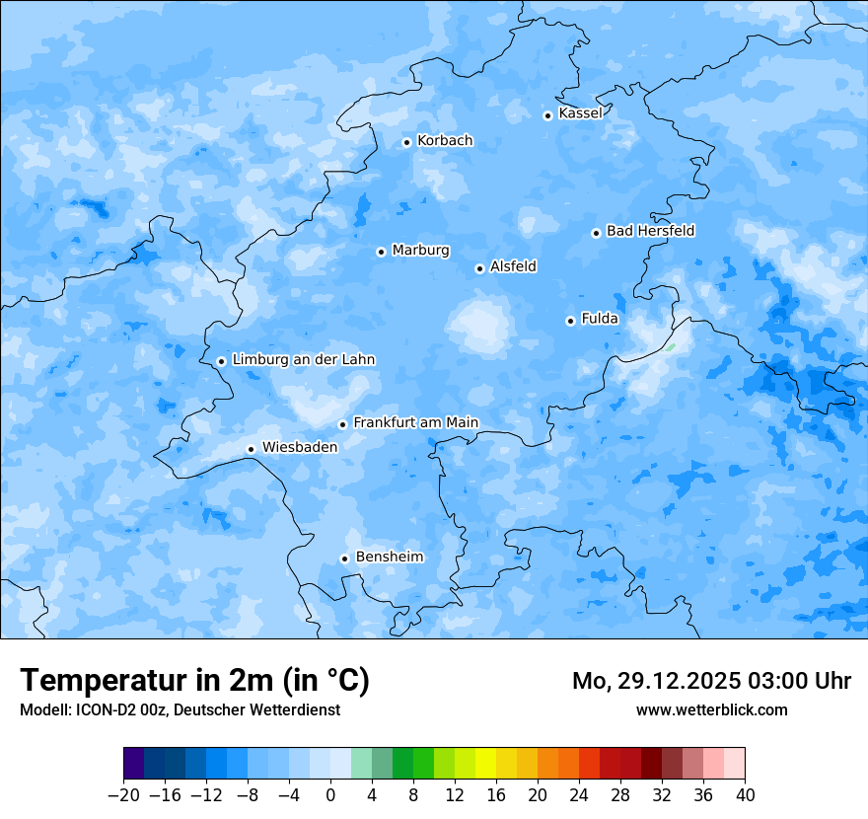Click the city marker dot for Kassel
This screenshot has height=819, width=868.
547,115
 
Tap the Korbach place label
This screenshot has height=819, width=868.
445,141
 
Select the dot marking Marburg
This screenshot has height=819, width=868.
381,252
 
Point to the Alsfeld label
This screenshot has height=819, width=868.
513,266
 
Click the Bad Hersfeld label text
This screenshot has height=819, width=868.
650,231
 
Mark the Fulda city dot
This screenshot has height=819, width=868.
570,321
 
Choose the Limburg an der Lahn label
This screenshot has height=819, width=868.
303,360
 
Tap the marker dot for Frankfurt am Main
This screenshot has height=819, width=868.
342,424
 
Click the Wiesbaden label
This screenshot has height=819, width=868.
300,447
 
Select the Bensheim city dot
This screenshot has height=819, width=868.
344,558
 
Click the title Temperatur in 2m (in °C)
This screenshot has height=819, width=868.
194,680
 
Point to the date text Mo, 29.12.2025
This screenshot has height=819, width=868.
656,681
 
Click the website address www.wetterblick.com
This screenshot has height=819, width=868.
711,709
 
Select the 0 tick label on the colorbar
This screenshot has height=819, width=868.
330,795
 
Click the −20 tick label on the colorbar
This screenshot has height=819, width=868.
123,795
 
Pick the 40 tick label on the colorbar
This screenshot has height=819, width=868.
745,795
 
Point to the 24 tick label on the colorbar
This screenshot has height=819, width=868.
579,795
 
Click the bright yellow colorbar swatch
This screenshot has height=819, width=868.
485,764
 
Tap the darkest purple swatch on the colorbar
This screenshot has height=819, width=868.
134,764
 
